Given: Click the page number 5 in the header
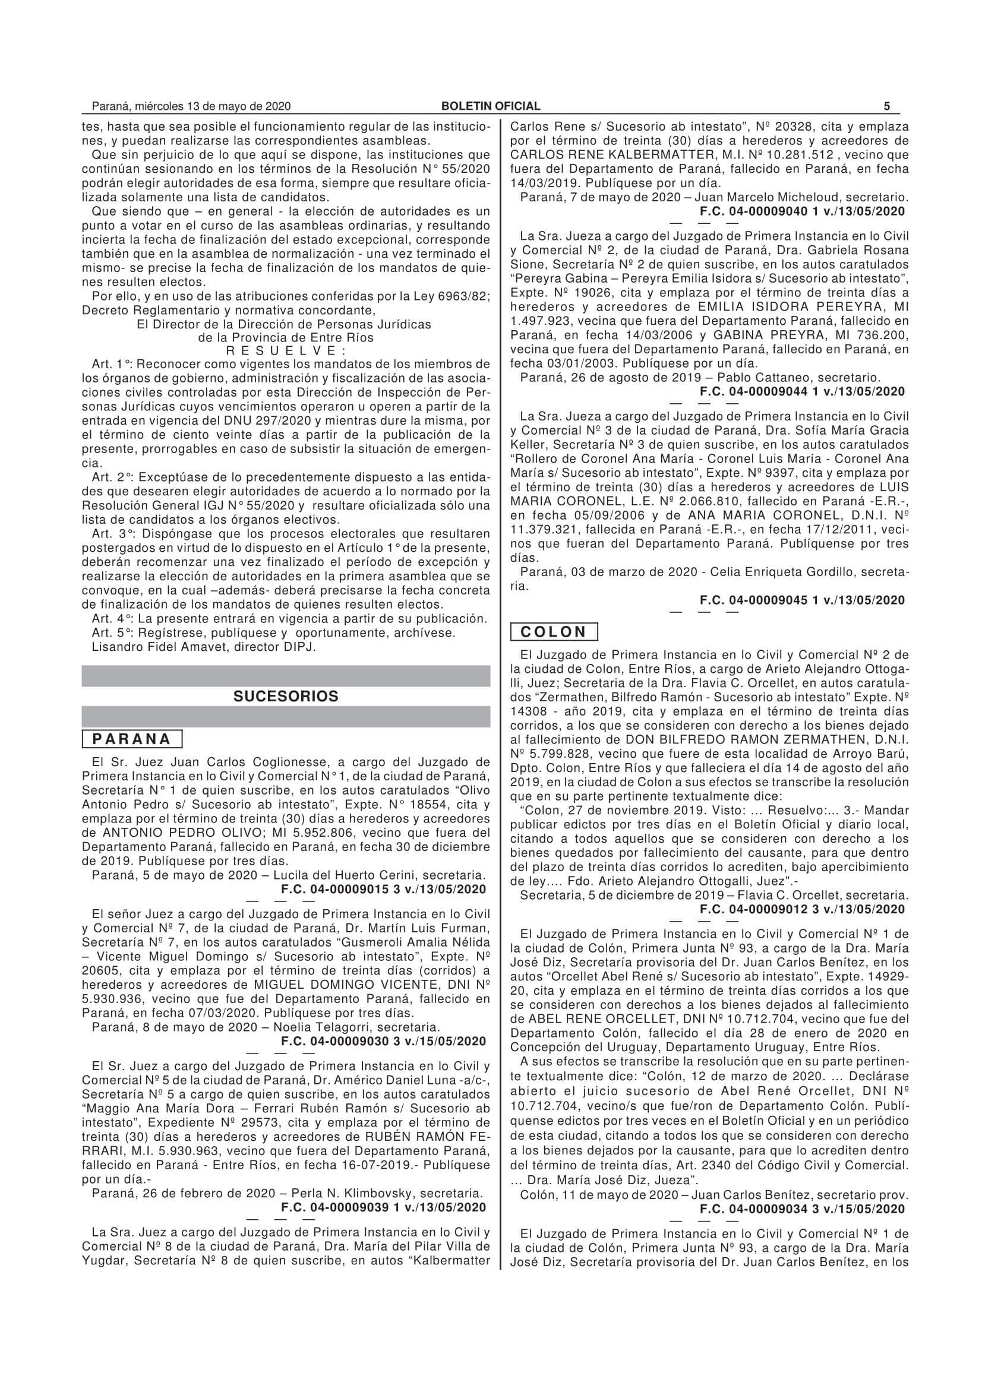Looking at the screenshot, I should coord(886,106).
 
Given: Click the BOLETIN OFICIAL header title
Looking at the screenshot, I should coord(491,106).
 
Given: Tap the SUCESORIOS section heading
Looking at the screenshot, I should coord(286,697).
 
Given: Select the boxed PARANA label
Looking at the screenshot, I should coord(132,739).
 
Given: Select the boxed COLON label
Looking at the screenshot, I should coord(554,632).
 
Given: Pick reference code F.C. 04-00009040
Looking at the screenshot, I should coord(803,211).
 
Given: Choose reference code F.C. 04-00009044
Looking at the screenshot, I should coord(803,391).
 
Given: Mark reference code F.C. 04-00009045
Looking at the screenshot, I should coord(803,600).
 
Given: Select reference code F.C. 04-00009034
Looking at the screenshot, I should coord(803,1208).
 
